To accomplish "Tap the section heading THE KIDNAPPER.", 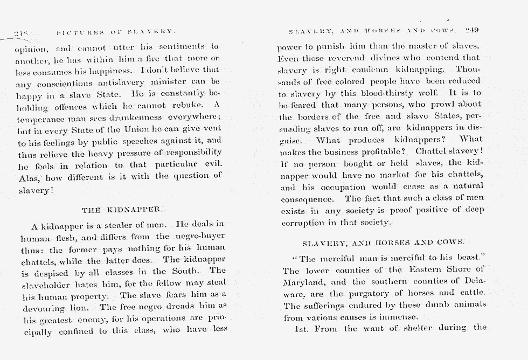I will click(121, 209).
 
